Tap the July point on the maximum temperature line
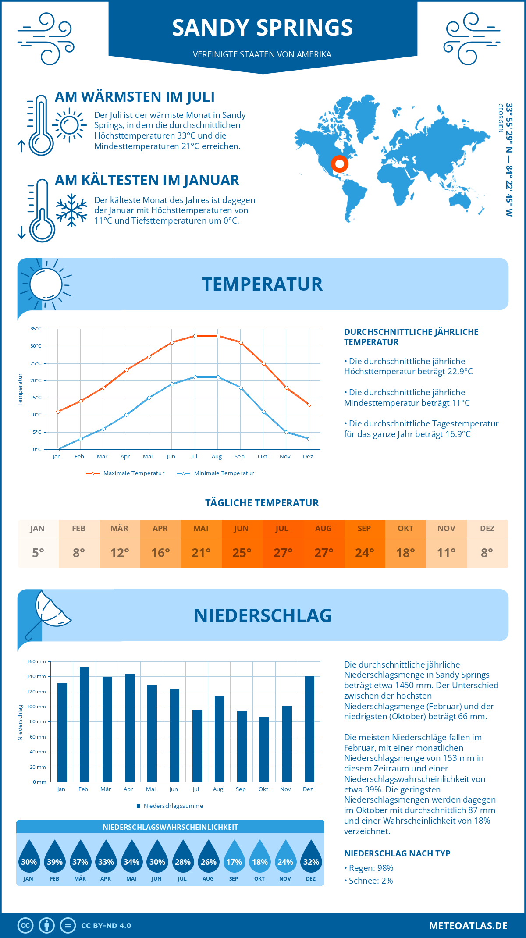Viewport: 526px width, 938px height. tap(195, 336)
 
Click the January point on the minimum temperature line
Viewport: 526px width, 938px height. tap(58, 449)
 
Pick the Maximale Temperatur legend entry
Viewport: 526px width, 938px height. tap(125, 473)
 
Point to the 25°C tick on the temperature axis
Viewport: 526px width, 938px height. tap(36, 363)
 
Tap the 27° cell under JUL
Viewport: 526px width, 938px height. tap(283, 553)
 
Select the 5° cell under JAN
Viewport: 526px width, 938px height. tap(38, 553)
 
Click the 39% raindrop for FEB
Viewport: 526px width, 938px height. tap(55, 857)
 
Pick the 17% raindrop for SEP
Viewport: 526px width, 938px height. tap(234, 857)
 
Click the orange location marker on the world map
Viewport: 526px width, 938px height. tap(339, 164)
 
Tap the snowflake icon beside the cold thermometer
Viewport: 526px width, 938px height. tap(71, 210)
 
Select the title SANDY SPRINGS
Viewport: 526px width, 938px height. tap(262, 28)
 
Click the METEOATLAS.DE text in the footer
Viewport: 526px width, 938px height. tap(468, 926)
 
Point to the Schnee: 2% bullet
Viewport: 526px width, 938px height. tap(369, 881)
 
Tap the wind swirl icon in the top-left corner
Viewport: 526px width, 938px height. tap(46, 39)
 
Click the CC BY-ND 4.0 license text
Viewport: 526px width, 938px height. tap(106, 926)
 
